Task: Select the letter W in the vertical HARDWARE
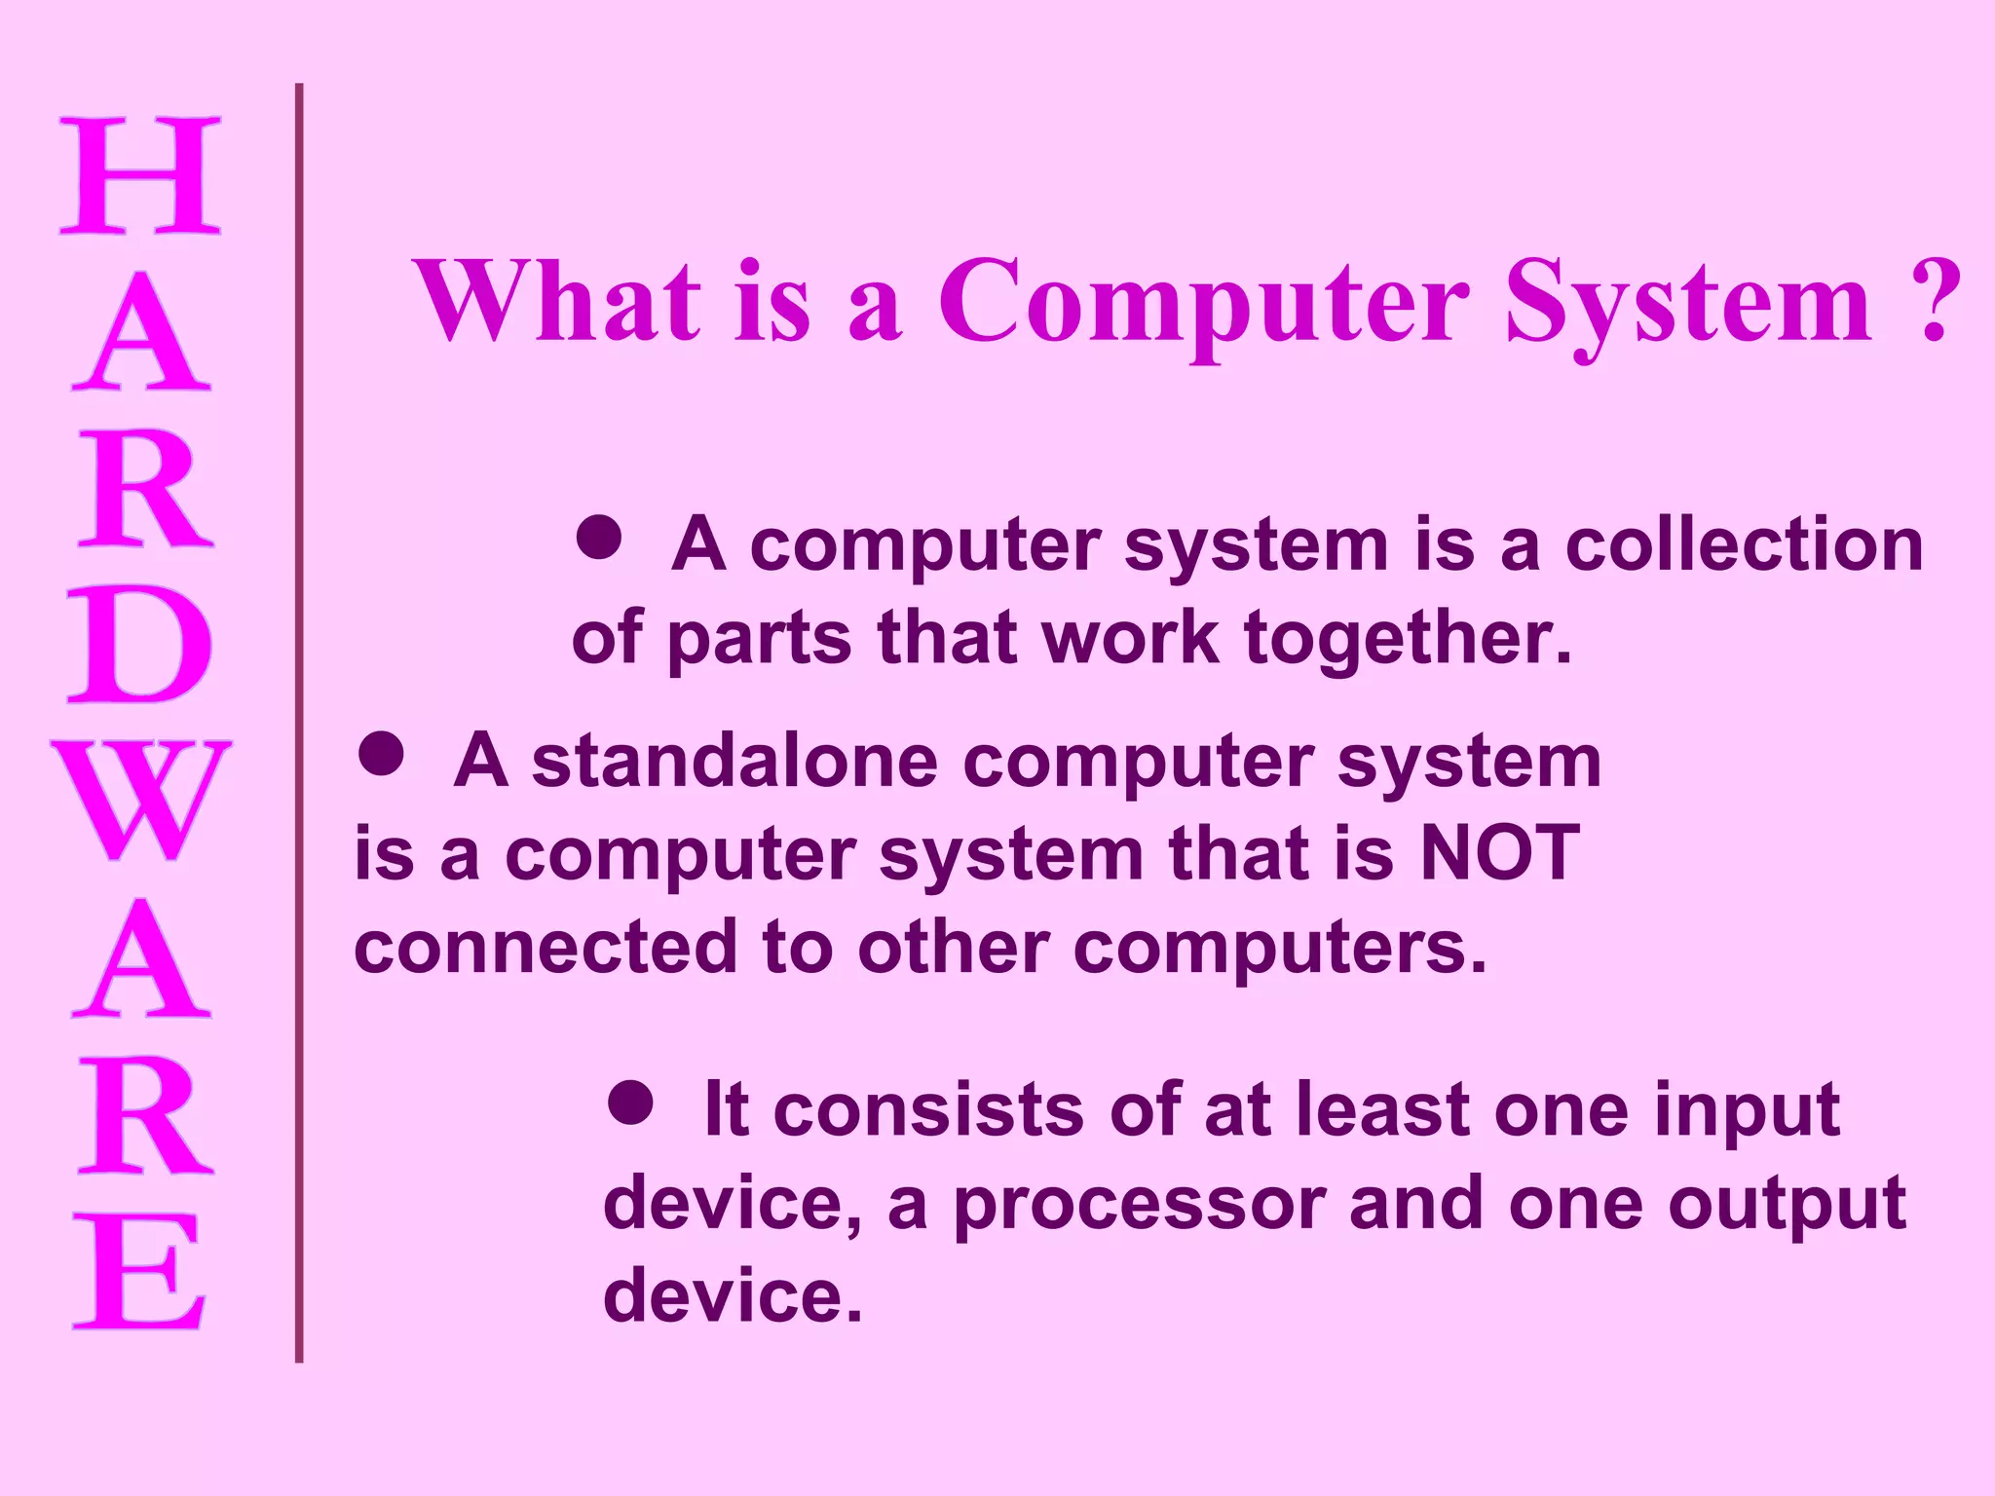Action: [x=141, y=801]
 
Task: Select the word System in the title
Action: [x=1688, y=304]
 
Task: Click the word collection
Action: [x=1744, y=544]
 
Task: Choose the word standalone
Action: [x=734, y=761]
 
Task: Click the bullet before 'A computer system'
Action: [x=598, y=537]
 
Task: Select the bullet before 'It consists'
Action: [x=630, y=1102]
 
